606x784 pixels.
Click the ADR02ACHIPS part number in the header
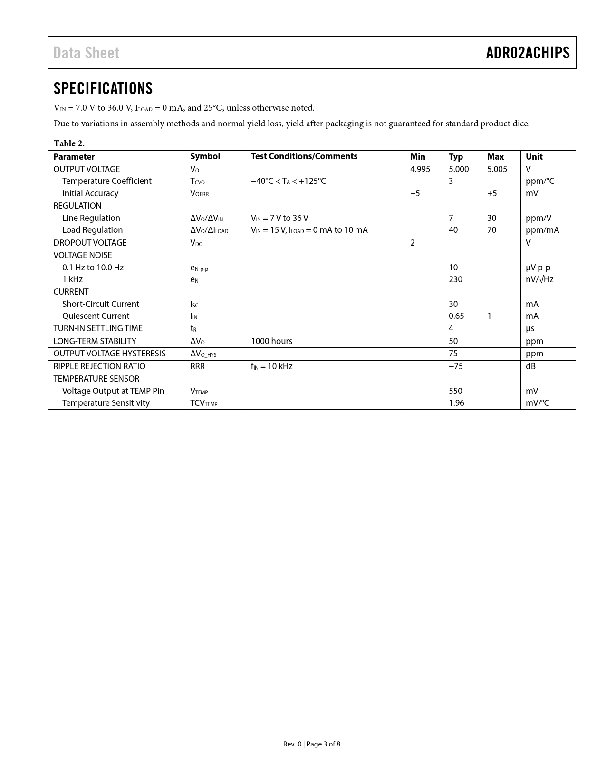(x=528, y=53)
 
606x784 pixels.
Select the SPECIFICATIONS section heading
(x=103, y=88)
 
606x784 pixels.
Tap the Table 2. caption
(x=69, y=143)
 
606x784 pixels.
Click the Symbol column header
(x=205, y=156)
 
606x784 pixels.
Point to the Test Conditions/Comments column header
(x=304, y=156)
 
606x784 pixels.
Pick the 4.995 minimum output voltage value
(x=420, y=169)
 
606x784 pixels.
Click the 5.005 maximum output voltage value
(x=497, y=169)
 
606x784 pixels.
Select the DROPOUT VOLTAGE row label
(x=90, y=243)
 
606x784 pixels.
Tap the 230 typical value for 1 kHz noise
(x=455, y=279)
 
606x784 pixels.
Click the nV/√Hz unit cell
(x=539, y=279)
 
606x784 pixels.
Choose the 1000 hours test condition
(x=271, y=341)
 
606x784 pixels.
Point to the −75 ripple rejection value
(x=456, y=366)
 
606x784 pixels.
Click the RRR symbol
(x=197, y=366)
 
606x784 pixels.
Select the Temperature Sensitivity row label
(x=106, y=403)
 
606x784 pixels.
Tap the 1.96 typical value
(x=456, y=403)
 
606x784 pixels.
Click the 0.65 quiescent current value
(x=456, y=316)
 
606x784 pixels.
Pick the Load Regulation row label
(x=92, y=230)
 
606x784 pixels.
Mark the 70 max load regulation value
(x=491, y=230)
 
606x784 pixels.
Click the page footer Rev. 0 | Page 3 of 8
(x=311, y=744)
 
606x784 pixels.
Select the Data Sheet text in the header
(x=86, y=53)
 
